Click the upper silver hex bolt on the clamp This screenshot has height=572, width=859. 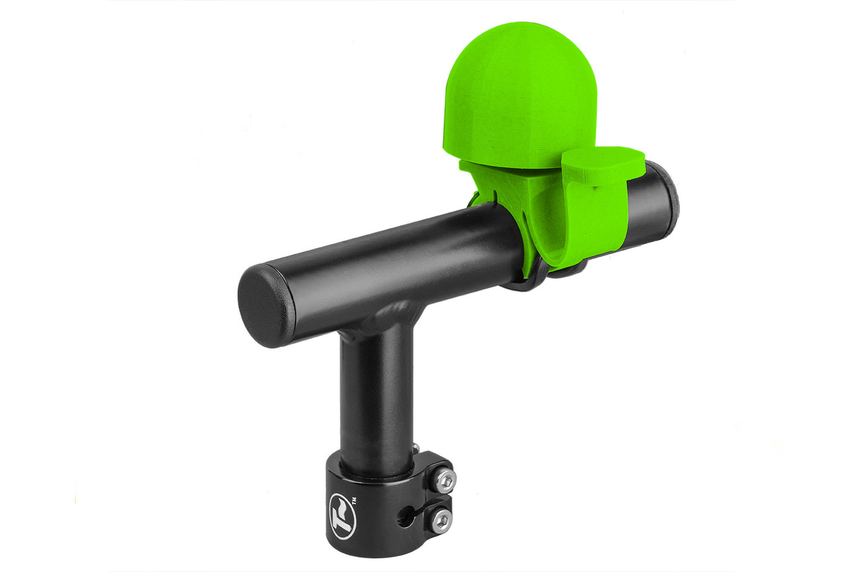tap(445, 481)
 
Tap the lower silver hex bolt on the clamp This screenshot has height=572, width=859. tap(441, 520)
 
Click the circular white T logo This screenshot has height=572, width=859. tap(342, 517)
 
